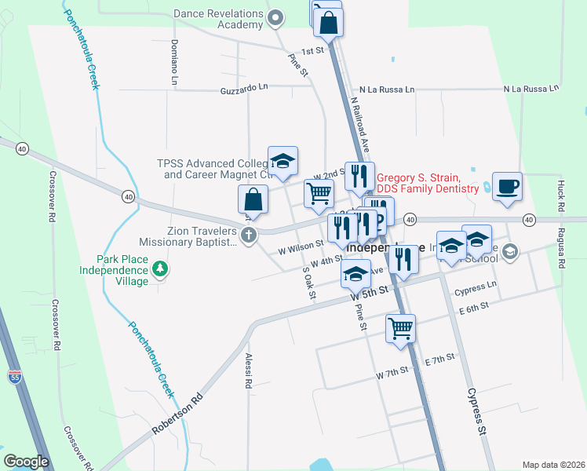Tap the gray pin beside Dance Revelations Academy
pyautogui.click(x=275, y=17)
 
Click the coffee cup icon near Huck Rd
pyautogui.click(x=507, y=187)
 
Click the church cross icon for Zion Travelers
pyautogui.click(x=249, y=235)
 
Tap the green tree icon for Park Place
pyautogui.click(x=160, y=269)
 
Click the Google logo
pyautogui.click(x=26, y=461)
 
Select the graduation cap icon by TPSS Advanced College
pyautogui.click(x=283, y=162)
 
